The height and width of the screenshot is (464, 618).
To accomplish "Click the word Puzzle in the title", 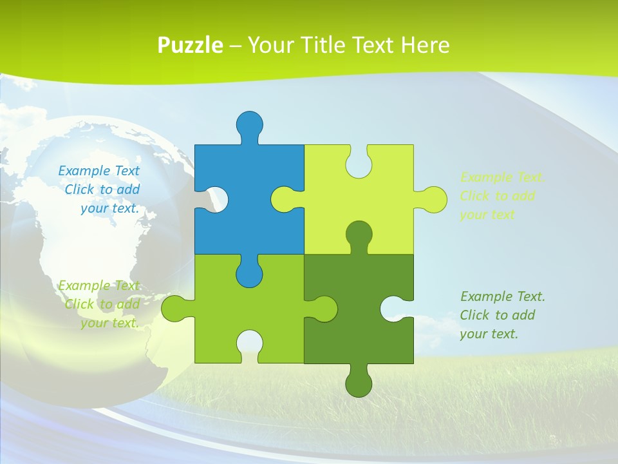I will point(191,46).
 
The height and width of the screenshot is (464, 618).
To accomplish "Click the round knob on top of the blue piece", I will point(249,124).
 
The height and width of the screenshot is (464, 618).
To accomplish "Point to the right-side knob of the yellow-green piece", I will point(433,199).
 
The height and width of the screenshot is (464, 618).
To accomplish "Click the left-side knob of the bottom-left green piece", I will point(174,309).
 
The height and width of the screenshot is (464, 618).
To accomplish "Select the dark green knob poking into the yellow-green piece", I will point(359,233).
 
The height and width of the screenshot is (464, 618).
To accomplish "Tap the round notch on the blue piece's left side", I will point(216,199).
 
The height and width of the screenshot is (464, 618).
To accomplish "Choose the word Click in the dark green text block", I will point(475,315).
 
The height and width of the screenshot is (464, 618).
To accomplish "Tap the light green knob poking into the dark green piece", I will point(324,309).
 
